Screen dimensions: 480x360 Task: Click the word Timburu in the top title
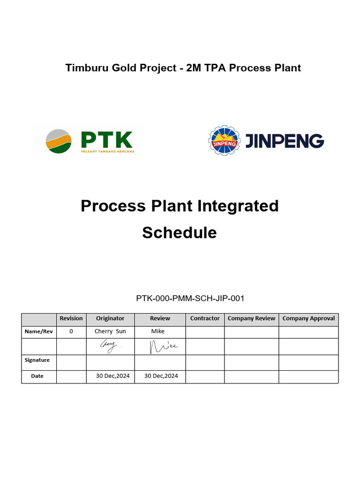87,68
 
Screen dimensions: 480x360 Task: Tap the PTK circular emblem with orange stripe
59,141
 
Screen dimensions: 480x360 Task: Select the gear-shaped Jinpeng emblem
224,141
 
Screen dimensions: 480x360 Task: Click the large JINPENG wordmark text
285,141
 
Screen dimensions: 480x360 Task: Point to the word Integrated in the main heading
234,206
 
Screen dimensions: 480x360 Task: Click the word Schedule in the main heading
180,232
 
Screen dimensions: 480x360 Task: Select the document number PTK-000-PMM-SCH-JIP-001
190,298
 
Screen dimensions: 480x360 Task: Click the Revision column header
71,318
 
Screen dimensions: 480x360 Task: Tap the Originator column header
110,318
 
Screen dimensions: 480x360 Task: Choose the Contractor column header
205,318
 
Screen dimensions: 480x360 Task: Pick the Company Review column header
251,318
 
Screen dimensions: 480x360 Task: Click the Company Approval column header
308,318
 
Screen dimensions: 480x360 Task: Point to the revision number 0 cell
71,331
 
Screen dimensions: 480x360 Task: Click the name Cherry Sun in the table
110,331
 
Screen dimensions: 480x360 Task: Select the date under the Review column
161,376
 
